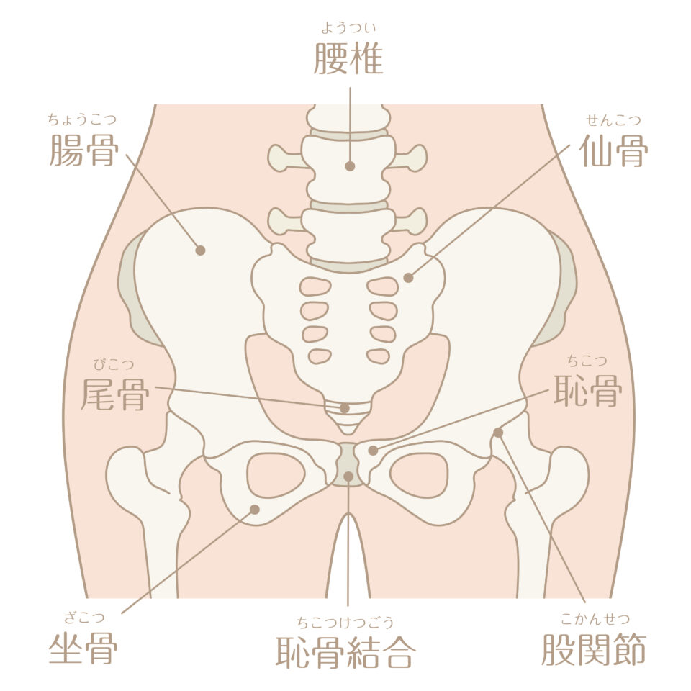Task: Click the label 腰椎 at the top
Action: pyautogui.click(x=348, y=58)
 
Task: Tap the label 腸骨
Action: pyautogui.click(x=83, y=150)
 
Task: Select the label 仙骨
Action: pyautogui.click(x=613, y=150)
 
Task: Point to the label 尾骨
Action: pyautogui.click(x=115, y=394)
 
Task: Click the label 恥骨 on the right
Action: pyautogui.click(x=587, y=390)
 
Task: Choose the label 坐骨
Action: pyautogui.click(x=83, y=649)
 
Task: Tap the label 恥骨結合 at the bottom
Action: pyautogui.click(x=345, y=652)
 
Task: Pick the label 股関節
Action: pyautogui.click(x=594, y=649)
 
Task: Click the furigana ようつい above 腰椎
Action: pyautogui.click(x=348, y=28)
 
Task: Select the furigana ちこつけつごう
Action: pyautogui.click(x=345, y=622)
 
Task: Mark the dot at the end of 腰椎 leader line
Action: pyautogui.click(x=350, y=166)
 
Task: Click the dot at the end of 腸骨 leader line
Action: pyautogui.click(x=200, y=250)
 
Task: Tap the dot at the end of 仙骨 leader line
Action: pyautogui.click(x=409, y=278)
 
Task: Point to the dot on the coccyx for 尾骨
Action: pyautogui.click(x=345, y=409)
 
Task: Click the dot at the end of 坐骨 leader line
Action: pyautogui.click(x=255, y=510)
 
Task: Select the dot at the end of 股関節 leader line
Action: pyautogui.click(x=498, y=433)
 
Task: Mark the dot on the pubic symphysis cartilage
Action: pyautogui.click(x=348, y=477)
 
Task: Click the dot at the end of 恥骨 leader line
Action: pyautogui.click(x=374, y=451)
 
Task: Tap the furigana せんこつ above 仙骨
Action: pyautogui.click(x=613, y=120)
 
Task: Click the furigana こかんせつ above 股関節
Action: pyautogui.click(x=595, y=619)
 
